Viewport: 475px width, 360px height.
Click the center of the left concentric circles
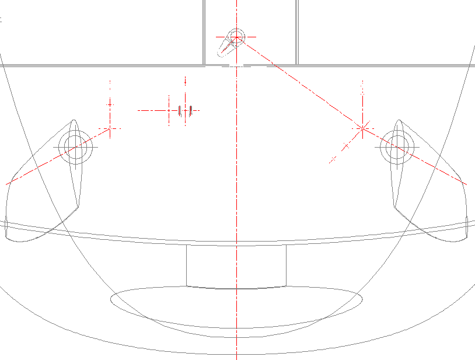(75, 147)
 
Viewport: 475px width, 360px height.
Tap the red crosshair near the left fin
(110, 128)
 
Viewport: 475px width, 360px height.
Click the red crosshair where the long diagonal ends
(362, 127)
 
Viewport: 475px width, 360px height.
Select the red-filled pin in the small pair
(191, 110)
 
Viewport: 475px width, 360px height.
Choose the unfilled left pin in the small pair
(179, 110)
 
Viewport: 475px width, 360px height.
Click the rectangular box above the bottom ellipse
(236, 266)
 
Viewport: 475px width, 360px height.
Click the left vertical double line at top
(204, 32)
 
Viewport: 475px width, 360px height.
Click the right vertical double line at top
(297, 32)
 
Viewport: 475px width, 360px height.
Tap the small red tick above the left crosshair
(110, 104)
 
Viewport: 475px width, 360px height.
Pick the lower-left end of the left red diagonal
(7, 184)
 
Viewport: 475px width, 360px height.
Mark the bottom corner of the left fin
(77, 208)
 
